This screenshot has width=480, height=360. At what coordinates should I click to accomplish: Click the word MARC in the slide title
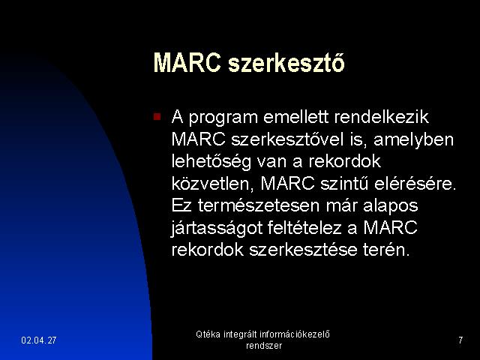[x=187, y=63]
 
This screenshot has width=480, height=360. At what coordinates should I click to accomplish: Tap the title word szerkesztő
[x=286, y=63]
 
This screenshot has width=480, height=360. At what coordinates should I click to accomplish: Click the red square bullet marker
[x=157, y=117]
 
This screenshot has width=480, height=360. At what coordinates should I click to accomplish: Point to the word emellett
[x=295, y=117]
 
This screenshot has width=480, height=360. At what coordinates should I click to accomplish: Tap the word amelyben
[x=413, y=140]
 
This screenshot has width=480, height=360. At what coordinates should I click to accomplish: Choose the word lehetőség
[x=211, y=162]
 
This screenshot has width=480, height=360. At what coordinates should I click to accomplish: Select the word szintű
[x=343, y=184]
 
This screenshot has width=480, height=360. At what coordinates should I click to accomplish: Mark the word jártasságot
[x=217, y=228]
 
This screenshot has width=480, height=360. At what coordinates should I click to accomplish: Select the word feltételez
[x=304, y=228]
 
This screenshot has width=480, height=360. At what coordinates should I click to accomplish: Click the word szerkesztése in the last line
[x=303, y=250]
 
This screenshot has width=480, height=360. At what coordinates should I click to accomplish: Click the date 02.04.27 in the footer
[x=39, y=340]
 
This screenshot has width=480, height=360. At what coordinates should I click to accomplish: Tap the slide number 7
[x=460, y=340]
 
